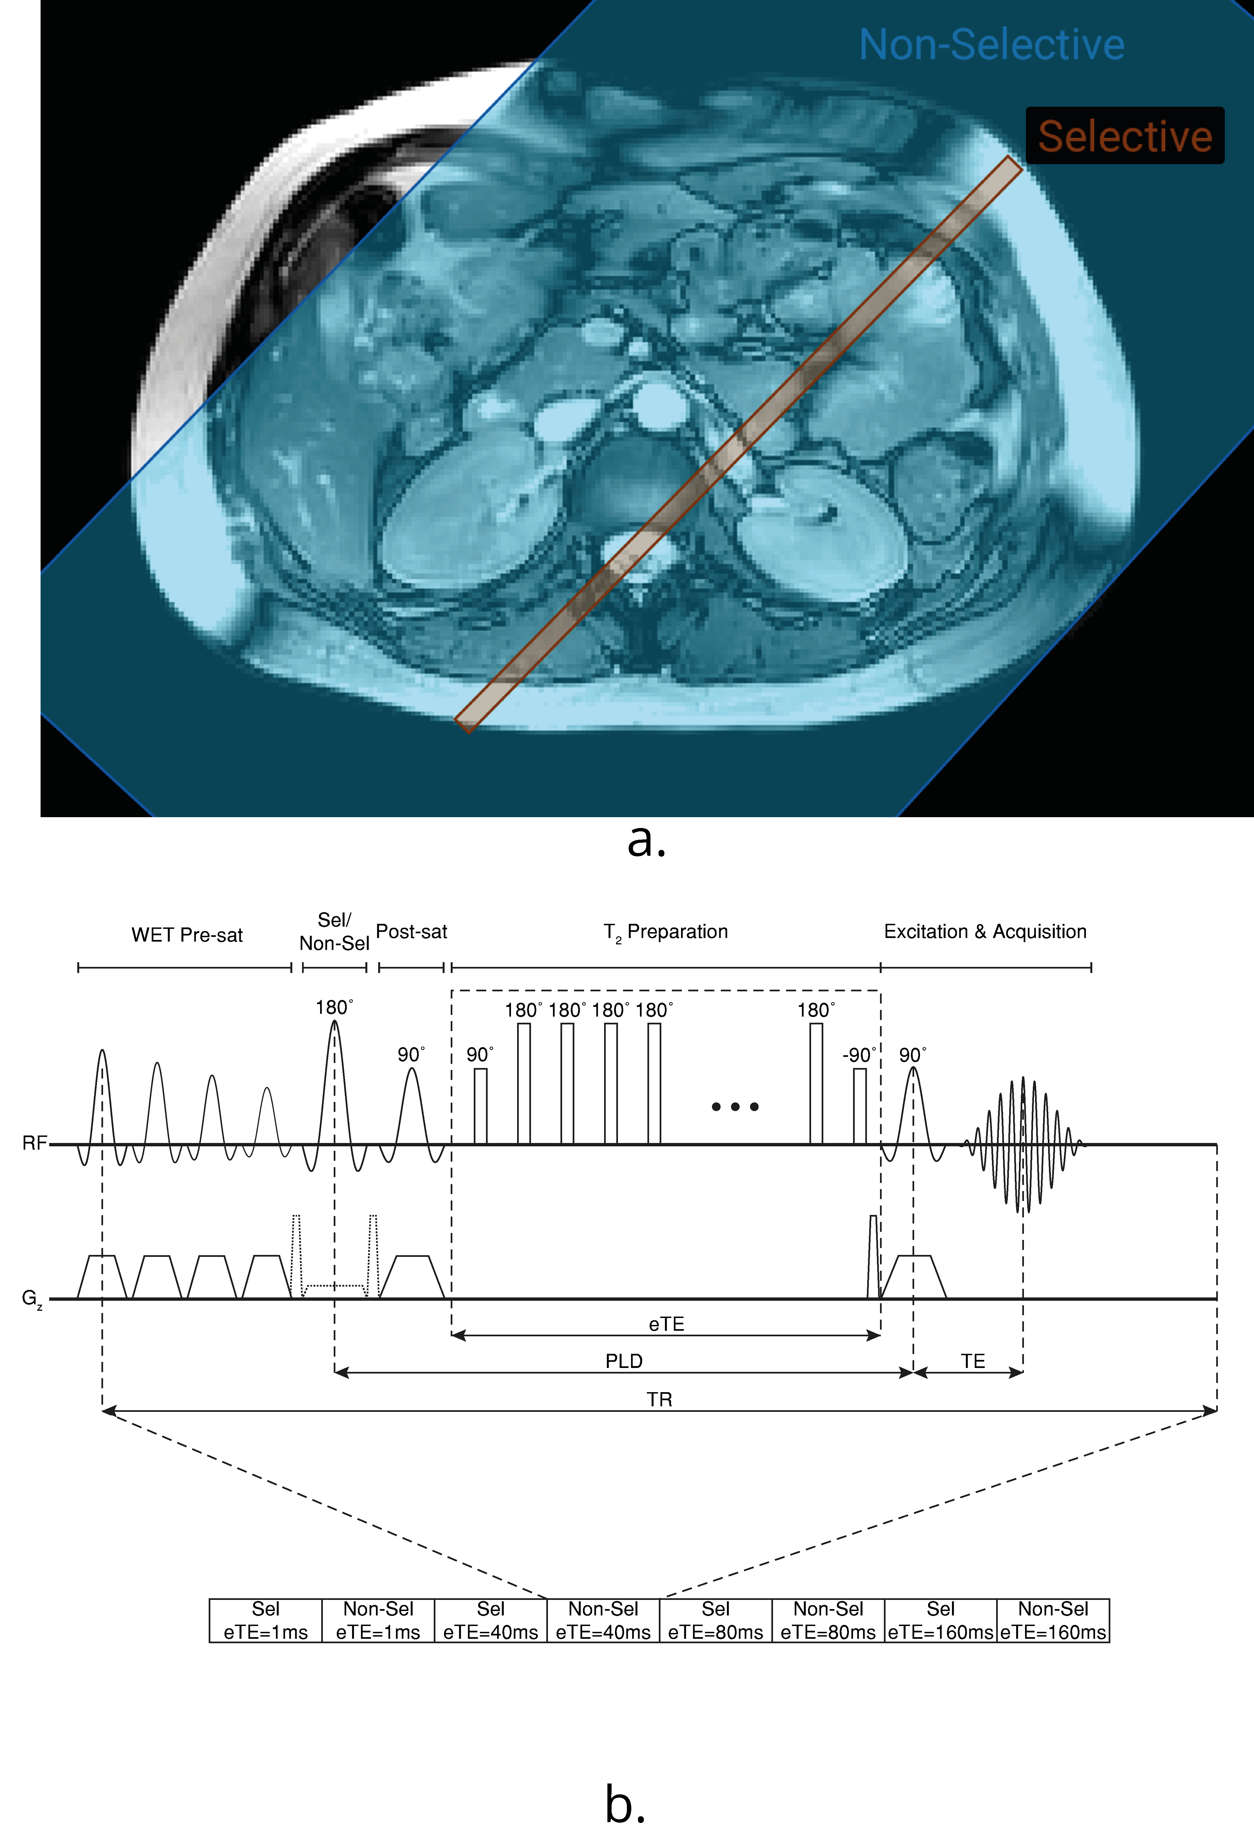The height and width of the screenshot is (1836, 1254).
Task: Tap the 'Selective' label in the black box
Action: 1125,136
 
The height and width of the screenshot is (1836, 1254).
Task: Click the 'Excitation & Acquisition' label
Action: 984,932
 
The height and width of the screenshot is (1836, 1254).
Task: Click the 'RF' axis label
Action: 34,1143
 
